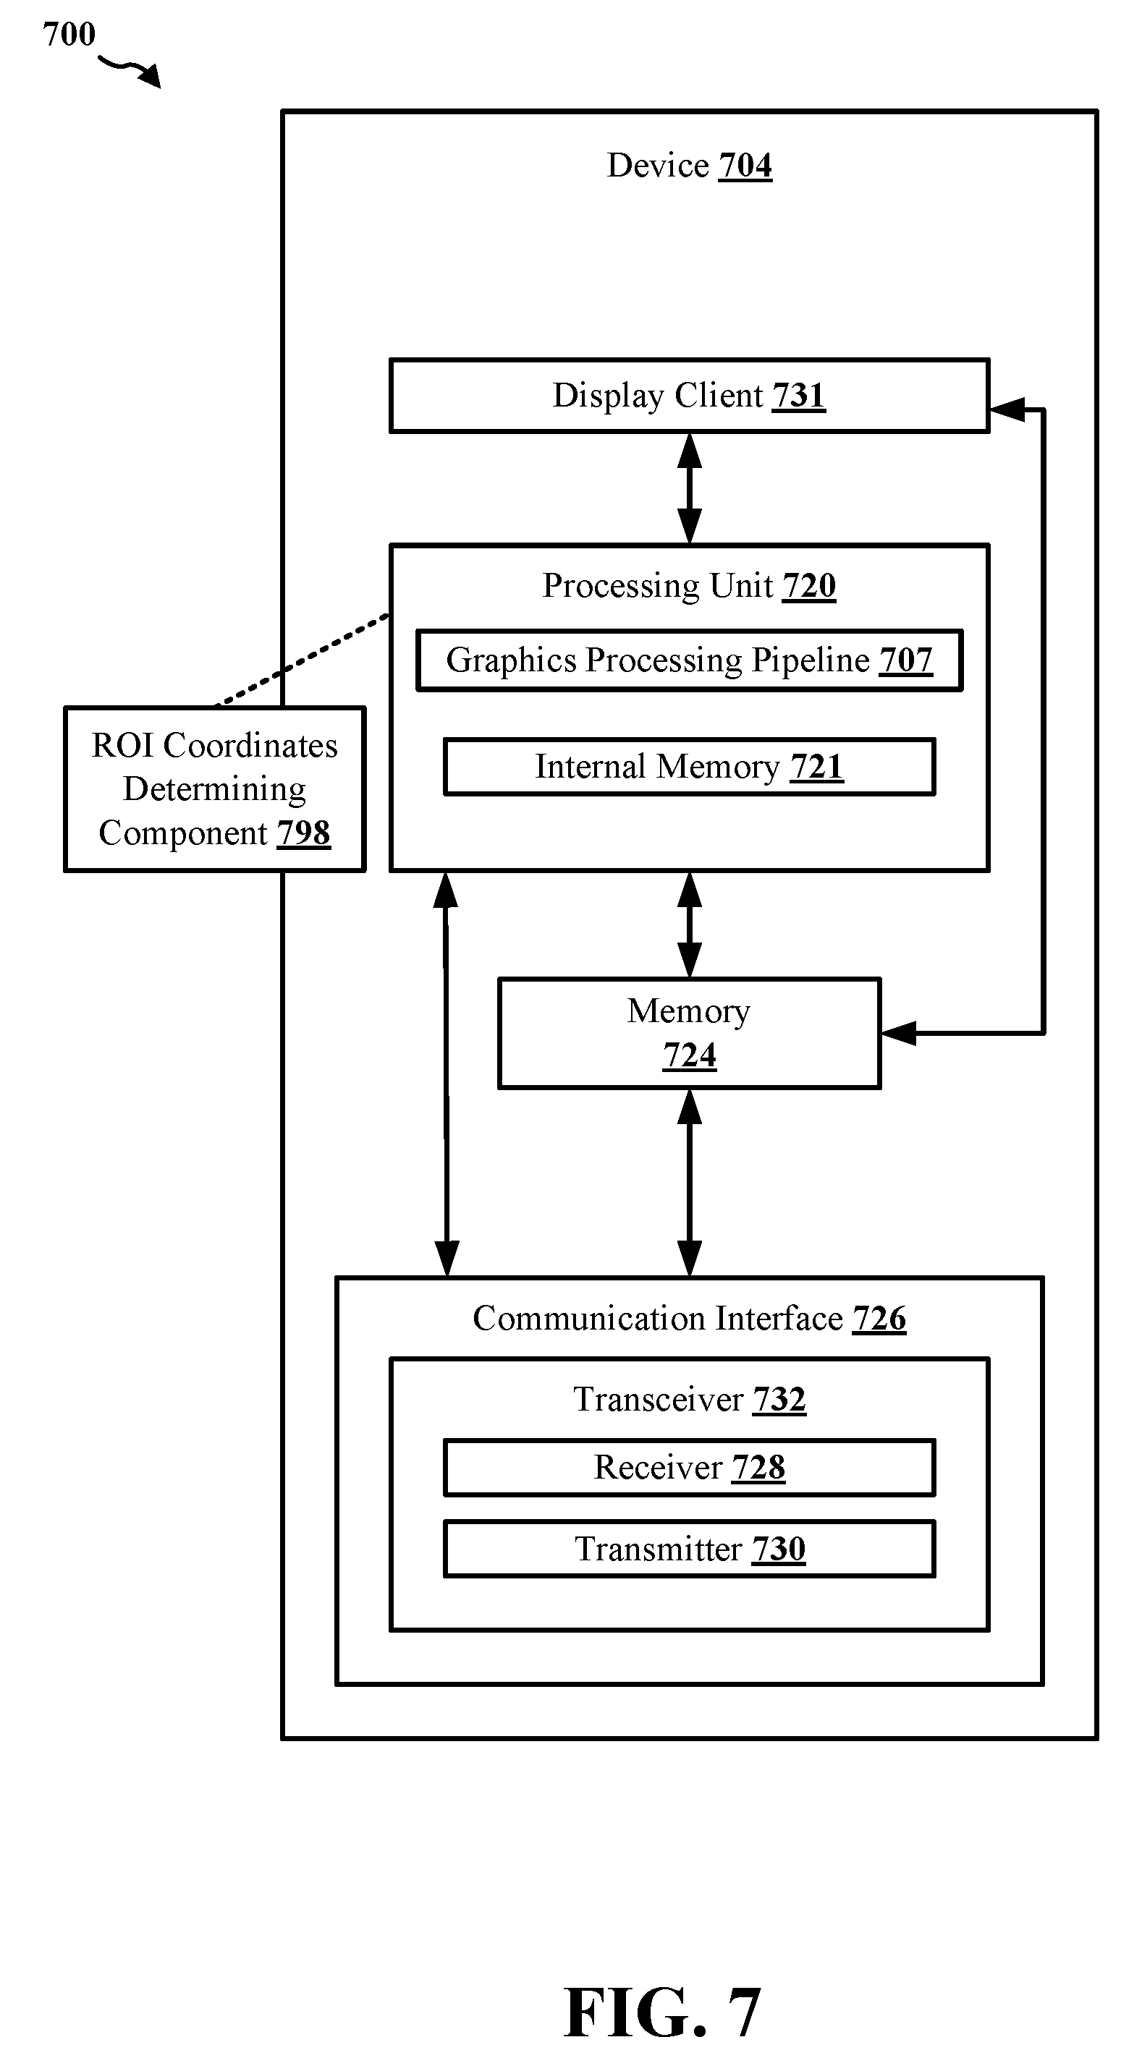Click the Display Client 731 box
689,396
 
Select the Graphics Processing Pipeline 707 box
689,660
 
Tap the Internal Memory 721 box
689,767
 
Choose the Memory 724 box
689,1033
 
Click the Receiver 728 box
689,1468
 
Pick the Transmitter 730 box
689,1549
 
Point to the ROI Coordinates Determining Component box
214,789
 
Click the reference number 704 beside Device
745,166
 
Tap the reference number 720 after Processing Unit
809,586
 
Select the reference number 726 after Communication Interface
879,1318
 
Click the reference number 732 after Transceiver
779,1400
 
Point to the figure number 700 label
69,34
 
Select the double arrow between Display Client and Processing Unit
689,489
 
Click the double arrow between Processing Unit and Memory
689,924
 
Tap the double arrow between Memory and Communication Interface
689,1183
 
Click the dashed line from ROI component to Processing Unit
302,660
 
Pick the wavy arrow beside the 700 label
130,70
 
